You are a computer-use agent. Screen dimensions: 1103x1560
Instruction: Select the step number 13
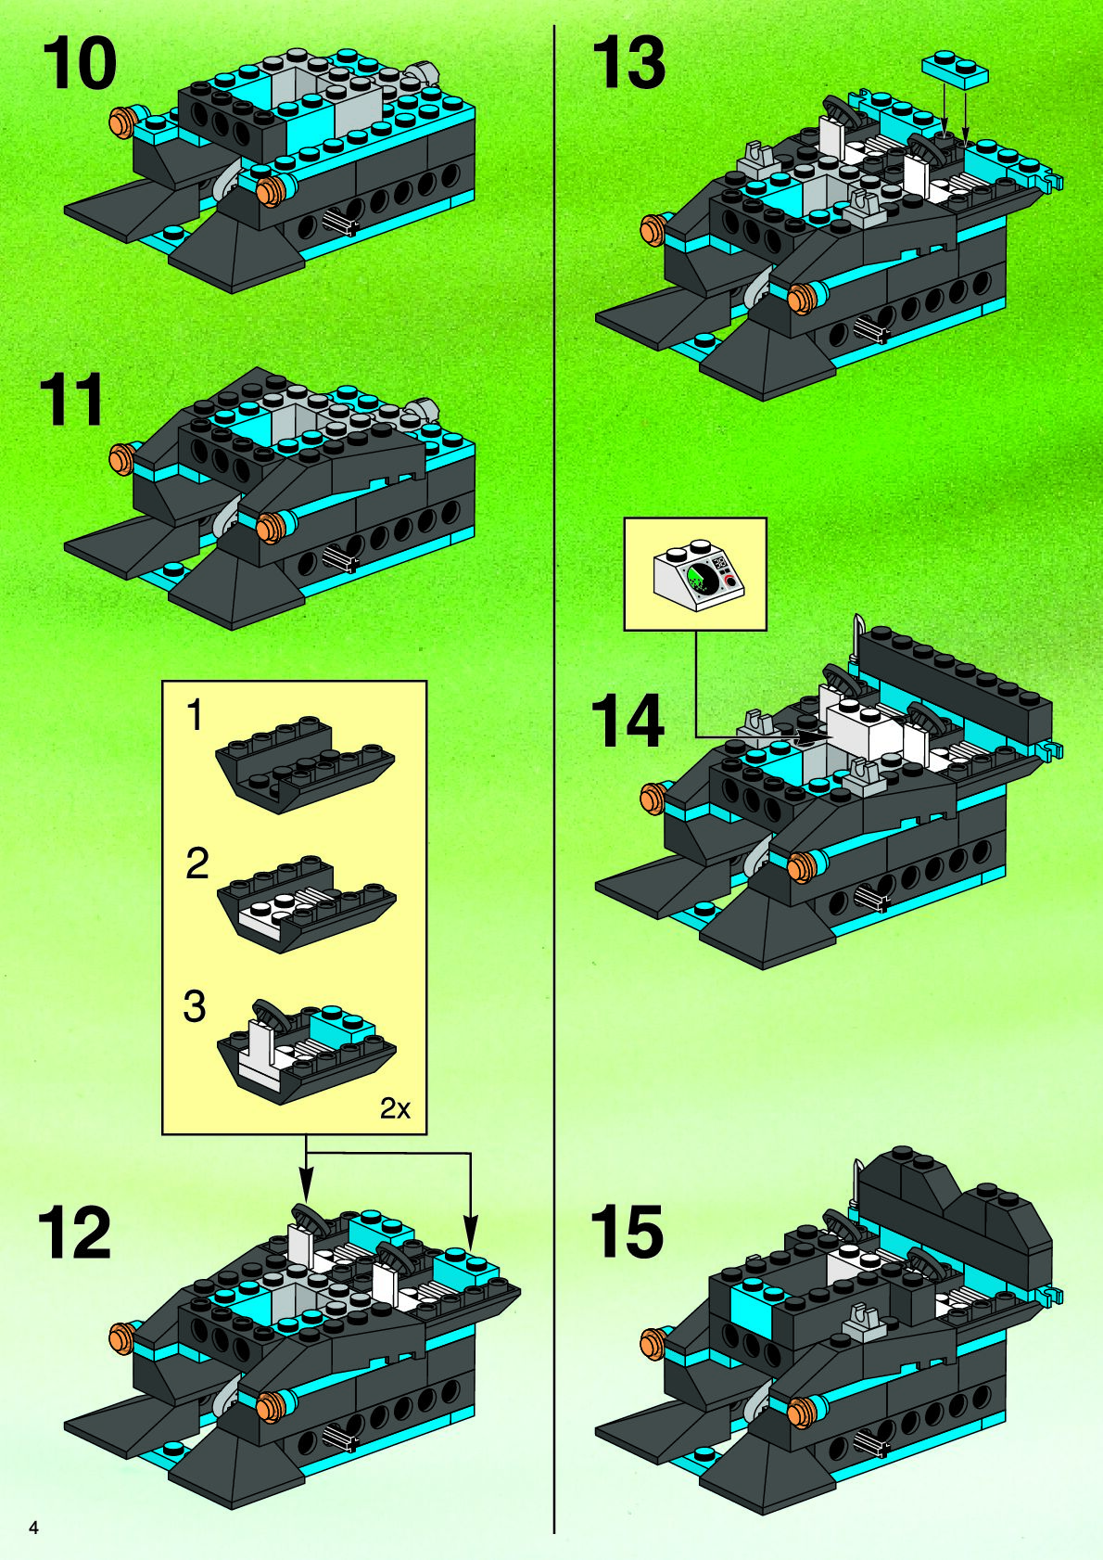point(629,63)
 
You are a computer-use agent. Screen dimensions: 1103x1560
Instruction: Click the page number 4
point(32,1528)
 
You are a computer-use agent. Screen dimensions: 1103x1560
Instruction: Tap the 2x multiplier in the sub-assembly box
point(395,1108)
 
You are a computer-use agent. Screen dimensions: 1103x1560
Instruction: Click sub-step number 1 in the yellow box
point(196,716)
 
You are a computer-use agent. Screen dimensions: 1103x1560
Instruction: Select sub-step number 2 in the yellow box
point(197,863)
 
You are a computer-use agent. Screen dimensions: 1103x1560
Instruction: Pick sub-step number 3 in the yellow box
point(195,1007)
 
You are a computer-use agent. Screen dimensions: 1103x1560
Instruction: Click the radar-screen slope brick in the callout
point(698,572)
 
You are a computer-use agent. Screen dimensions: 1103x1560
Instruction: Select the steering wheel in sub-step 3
point(267,1014)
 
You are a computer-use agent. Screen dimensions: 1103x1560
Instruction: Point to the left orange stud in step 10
point(121,121)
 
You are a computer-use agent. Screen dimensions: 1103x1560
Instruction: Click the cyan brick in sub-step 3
point(339,1027)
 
